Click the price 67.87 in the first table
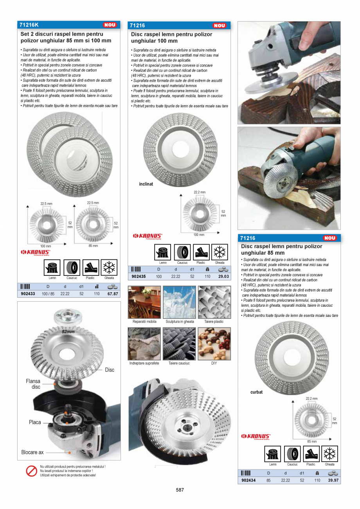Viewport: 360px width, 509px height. coord(112,293)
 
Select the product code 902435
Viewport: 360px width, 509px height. coord(139,276)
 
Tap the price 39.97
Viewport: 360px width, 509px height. coord(333,480)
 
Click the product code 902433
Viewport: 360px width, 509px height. coord(28,293)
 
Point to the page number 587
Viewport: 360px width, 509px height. coord(180,490)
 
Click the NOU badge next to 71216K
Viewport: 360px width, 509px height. coord(110,25)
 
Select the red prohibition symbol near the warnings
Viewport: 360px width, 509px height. coord(31,471)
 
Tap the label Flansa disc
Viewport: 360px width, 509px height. coord(33,384)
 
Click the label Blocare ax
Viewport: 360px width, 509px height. coord(32,452)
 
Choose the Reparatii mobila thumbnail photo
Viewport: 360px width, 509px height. coord(144,302)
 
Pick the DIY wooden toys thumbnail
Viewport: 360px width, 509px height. coord(214,344)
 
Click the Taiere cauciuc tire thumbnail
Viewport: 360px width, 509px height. coord(179,344)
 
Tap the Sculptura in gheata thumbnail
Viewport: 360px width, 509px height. coord(179,302)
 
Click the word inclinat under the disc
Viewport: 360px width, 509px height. coord(146,184)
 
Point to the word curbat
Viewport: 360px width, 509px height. coord(256,392)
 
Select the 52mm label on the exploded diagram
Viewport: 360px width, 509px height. coord(68,332)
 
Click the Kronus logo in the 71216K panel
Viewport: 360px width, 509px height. coord(35,253)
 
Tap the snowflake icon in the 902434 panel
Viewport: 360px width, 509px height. coord(329,454)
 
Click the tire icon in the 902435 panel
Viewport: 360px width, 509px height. coord(182,252)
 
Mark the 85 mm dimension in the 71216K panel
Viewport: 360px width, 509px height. coord(93,246)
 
